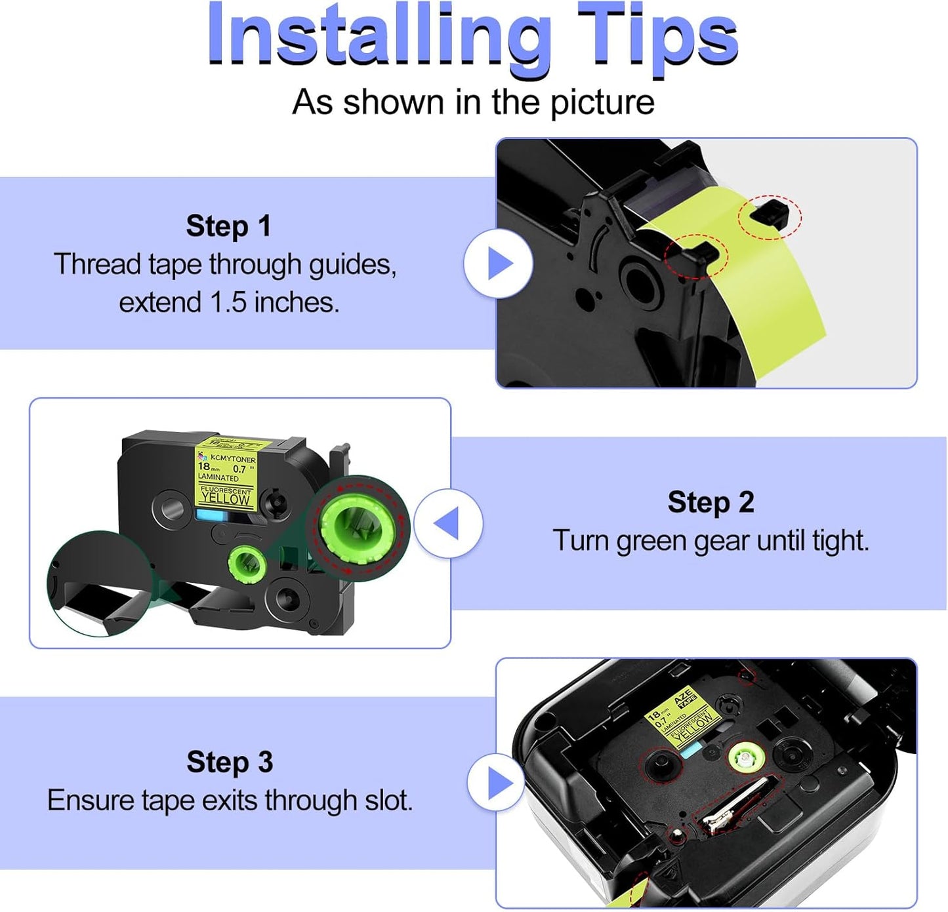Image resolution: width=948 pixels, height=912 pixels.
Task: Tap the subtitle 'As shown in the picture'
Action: pos(473,102)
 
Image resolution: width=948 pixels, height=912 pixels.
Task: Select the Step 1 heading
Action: pos(228,226)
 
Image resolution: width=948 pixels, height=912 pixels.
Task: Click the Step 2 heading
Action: pos(711,503)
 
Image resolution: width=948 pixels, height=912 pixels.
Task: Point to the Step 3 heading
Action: pos(230,763)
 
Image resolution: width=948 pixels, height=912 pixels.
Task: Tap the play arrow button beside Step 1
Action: pos(499,264)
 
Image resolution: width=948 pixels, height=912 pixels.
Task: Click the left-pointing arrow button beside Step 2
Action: pos(448,524)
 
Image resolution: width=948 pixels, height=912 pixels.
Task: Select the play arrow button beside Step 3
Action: pos(501,782)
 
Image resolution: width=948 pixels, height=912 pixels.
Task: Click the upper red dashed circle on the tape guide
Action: pos(770,216)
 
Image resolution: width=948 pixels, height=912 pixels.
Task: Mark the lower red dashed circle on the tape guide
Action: pos(695,256)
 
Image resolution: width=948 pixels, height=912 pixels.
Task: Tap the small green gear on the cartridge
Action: pos(247,563)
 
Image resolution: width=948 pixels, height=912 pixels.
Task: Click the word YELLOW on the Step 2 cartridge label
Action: pos(225,498)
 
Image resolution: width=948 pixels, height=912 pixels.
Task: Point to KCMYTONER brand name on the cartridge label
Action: pos(233,459)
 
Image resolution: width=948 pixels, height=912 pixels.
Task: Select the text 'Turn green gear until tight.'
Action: pos(711,541)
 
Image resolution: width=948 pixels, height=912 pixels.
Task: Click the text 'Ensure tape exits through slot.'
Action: pos(230,801)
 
